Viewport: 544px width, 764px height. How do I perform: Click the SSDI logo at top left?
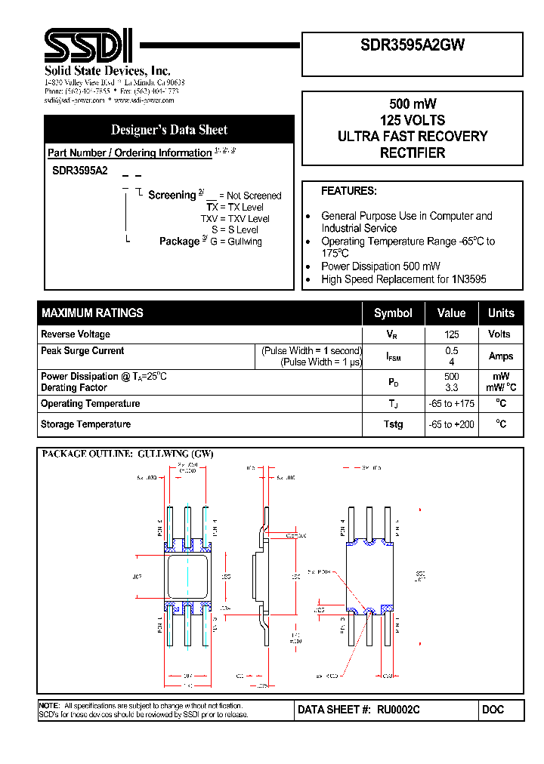[x=88, y=46]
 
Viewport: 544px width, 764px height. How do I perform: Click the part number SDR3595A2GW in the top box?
[x=413, y=45]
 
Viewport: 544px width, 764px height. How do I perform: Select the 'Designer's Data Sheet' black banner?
[x=168, y=129]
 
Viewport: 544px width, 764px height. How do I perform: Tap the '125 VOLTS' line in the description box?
[x=413, y=120]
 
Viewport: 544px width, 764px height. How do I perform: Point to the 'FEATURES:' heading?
[x=348, y=191]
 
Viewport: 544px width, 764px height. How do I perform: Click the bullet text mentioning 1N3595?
[x=403, y=279]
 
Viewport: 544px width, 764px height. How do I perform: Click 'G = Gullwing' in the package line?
[x=236, y=242]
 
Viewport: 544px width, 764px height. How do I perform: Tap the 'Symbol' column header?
[x=393, y=313]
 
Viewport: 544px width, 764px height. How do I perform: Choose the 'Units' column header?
[x=500, y=313]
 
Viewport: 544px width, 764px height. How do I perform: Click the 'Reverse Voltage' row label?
[x=76, y=334]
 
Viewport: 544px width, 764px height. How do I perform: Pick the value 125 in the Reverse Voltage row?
[x=452, y=334]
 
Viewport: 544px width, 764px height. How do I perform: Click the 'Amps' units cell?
[x=500, y=356]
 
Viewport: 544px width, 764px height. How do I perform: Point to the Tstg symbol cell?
[x=393, y=424]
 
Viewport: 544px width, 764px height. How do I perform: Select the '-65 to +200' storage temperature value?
[x=452, y=424]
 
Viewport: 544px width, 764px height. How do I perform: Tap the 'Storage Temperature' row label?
[x=85, y=424]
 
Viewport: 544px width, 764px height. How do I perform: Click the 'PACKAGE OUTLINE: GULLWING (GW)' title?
[x=128, y=454]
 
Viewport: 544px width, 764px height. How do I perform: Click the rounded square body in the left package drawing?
[x=187, y=576]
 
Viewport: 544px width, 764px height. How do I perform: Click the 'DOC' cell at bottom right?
[x=493, y=710]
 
